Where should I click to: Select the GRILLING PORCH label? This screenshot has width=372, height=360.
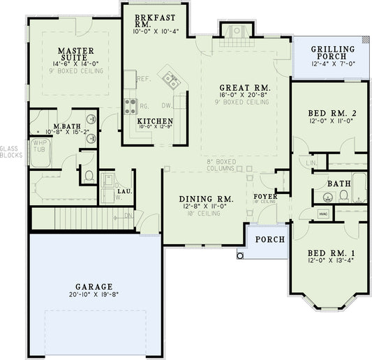click(x=333, y=53)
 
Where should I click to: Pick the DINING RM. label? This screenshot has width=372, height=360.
click(x=206, y=199)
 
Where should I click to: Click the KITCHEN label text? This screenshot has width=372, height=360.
click(x=155, y=121)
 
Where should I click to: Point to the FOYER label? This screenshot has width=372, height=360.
click(x=265, y=197)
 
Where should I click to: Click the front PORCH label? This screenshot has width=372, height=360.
click(x=269, y=240)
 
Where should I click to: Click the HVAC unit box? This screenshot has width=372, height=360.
click(x=323, y=213)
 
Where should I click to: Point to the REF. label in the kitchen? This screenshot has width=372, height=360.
click(x=144, y=79)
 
